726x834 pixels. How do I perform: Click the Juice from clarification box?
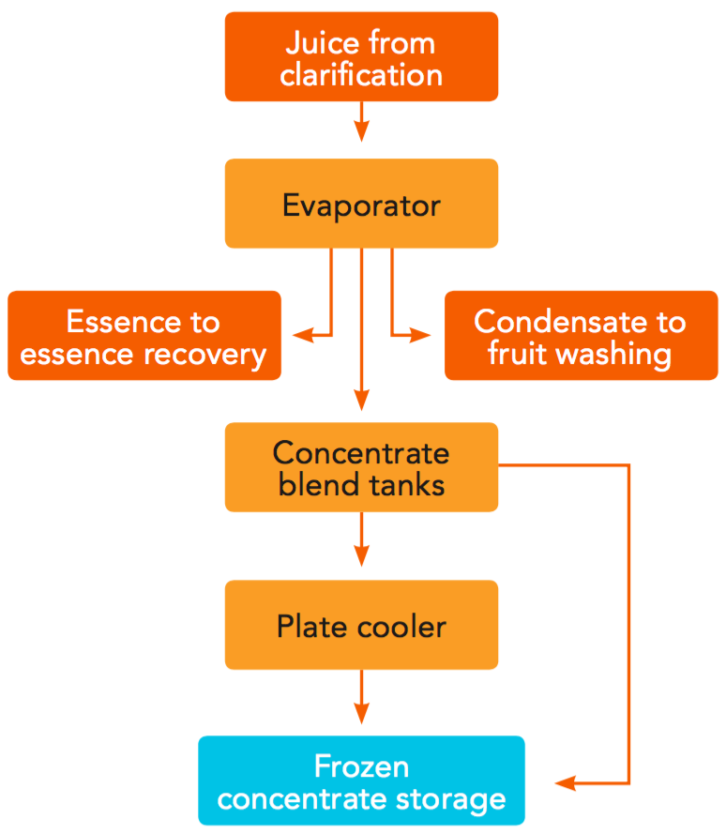[361, 56]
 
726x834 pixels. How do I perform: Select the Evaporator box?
[361, 204]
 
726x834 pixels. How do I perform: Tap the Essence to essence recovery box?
[144, 336]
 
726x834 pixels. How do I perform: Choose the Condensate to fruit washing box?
[581, 336]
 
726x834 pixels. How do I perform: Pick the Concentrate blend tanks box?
[361, 467]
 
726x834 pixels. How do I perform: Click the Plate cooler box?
[361, 625]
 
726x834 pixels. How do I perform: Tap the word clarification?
[361, 74]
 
